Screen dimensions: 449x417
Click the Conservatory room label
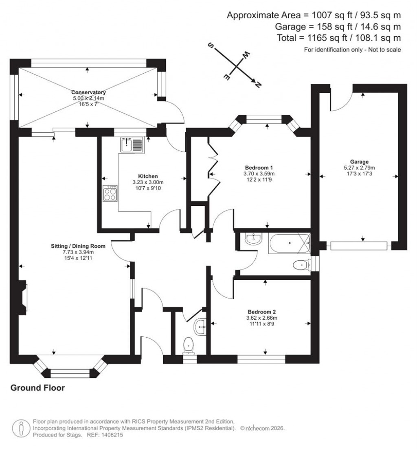coord(89,92)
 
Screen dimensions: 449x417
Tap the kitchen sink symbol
coord(131,145)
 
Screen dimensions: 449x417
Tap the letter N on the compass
coord(257,84)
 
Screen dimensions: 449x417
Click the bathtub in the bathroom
coord(290,243)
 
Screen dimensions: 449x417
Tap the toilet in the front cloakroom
coord(189,345)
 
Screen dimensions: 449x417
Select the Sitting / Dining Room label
coord(78,246)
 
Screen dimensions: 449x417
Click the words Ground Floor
coord(37,388)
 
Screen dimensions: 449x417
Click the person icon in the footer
coord(20,428)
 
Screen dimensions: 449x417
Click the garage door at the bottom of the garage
coord(358,246)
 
